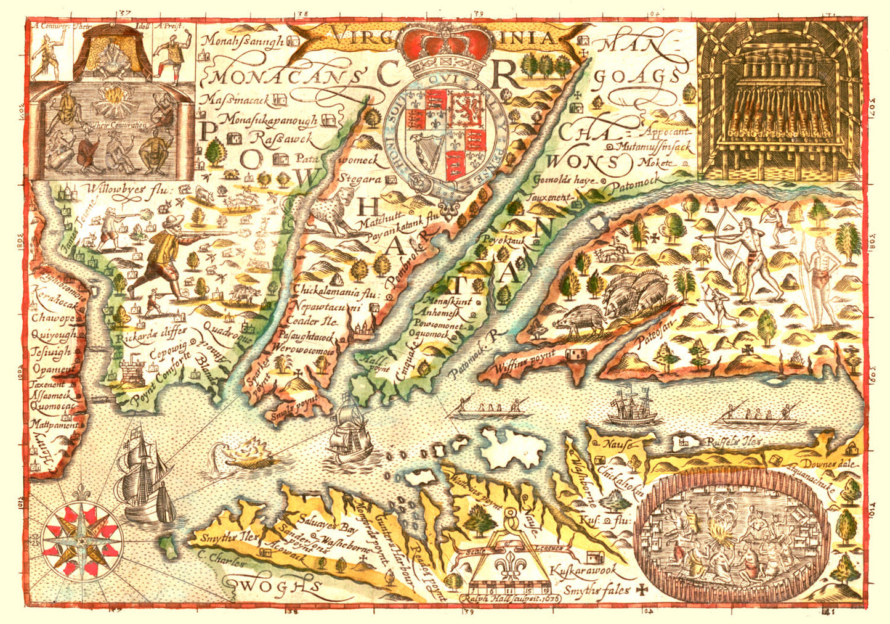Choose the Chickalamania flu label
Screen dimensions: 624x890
click(334, 290)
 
